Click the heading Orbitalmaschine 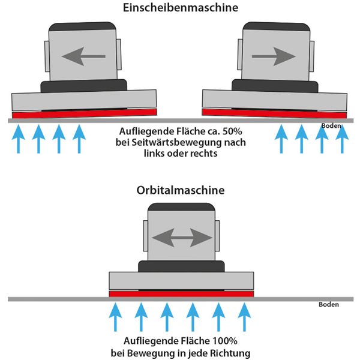click(179, 191)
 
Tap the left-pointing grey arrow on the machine click(83, 57)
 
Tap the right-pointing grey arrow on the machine click(274, 57)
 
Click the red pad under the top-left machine click(85, 113)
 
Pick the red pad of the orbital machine click(181, 293)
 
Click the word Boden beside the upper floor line click(331, 126)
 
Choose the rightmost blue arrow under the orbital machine click(244, 317)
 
